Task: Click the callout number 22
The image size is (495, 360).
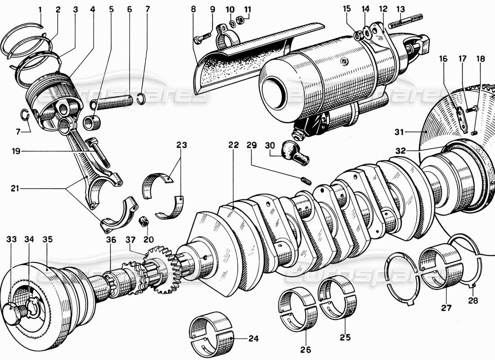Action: click(x=233, y=145)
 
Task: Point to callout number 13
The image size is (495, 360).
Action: click(x=400, y=9)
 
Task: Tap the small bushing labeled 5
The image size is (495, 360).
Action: click(x=93, y=122)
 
